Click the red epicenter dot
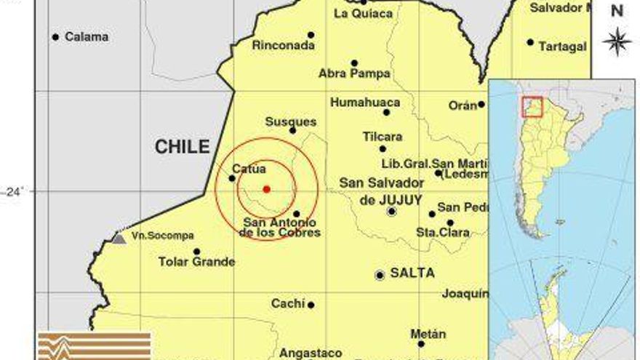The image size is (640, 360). click(x=266, y=189)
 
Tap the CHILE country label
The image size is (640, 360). click(x=182, y=147)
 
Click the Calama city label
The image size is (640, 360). click(x=87, y=36)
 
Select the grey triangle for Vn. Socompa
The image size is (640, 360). click(x=119, y=237)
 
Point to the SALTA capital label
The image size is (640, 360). click(x=412, y=273)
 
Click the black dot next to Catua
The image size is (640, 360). click(x=232, y=178)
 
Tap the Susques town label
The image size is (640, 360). click(x=291, y=121)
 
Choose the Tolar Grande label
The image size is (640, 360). click(x=196, y=262)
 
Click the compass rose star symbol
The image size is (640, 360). click(x=617, y=41)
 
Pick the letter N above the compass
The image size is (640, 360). click(x=617, y=10)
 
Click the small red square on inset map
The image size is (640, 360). click(x=533, y=106)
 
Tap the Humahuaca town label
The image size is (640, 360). click(x=365, y=103)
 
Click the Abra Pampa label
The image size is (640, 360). click(x=354, y=73)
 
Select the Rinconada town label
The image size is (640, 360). click(x=284, y=45)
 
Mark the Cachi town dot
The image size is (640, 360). click(x=311, y=305)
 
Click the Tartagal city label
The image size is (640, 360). click(x=562, y=47)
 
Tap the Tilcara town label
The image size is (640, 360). click(x=383, y=137)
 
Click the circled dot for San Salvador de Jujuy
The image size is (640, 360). click(x=392, y=212)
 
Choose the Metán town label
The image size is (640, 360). click(x=428, y=334)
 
